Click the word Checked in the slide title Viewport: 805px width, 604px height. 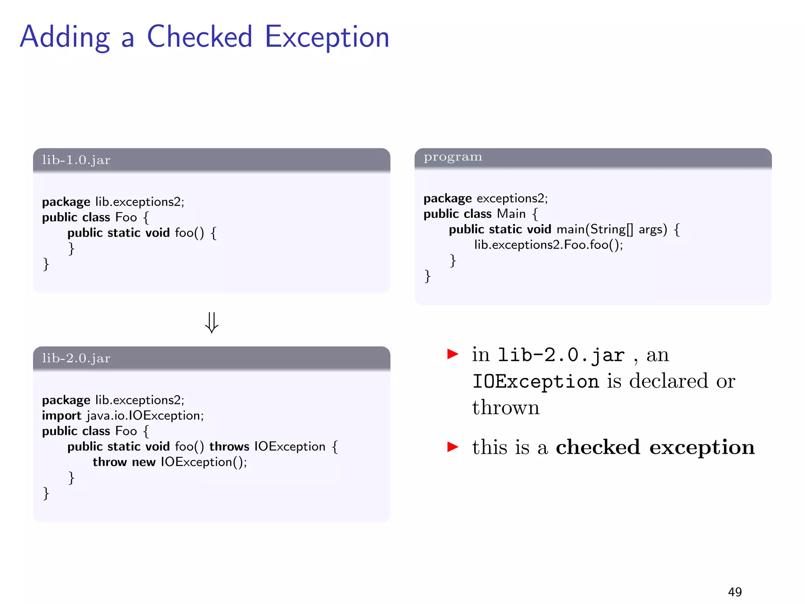199,37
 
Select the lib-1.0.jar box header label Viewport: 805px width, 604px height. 76,160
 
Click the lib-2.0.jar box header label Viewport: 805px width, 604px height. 76,358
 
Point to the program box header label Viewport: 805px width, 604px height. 453,157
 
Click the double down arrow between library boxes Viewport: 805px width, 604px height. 211,323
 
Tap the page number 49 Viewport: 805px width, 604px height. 735,592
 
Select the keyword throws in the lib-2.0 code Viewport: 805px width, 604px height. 229,446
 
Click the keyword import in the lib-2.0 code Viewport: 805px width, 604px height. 61,416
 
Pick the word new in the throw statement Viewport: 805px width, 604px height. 143,462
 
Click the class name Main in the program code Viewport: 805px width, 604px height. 511,214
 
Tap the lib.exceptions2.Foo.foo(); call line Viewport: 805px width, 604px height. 548,245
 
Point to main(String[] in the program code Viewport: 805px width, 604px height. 595,229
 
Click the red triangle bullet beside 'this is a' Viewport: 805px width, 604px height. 453,447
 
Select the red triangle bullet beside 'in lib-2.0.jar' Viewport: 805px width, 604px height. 453,354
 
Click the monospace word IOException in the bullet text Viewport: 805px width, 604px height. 536,381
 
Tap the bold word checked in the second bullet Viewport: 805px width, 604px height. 598,447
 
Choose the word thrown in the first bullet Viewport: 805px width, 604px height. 506,407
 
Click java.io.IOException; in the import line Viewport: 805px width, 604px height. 145,416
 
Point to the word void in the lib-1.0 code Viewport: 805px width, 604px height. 158,233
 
